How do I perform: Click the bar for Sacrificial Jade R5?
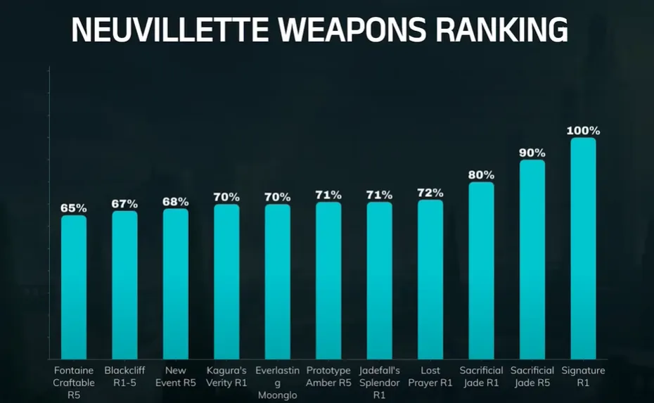coord(532,260)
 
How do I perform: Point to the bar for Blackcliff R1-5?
coord(124,285)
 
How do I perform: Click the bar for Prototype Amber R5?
coord(328,281)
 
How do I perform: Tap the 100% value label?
coord(584,131)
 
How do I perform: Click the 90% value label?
coord(532,153)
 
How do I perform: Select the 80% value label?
coord(482,175)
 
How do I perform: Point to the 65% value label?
coord(73,208)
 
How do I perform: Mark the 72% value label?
coord(430,193)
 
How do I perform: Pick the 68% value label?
coord(176,202)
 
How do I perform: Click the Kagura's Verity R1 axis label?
coord(226,376)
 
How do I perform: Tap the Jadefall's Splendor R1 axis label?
coord(379,383)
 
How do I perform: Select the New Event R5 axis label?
coord(176,376)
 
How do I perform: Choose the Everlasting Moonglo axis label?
coord(277,383)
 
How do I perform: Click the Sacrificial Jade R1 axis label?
coord(482,376)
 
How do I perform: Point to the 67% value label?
coord(124,204)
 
